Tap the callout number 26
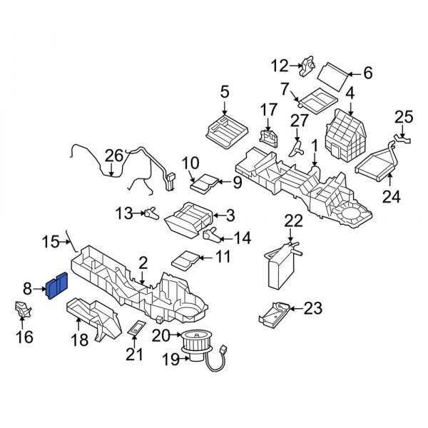tap(114, 155)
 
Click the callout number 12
tap(279, 66)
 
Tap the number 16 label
tap(25, 336)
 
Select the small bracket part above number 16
tap(23, 311)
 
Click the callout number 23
tap(313, 308)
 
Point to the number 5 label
tap(224, 91)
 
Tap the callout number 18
tap(79, 340)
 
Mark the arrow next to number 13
tap(138, 212)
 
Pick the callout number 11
tap(223, 256)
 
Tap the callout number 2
tap(143, 263)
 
